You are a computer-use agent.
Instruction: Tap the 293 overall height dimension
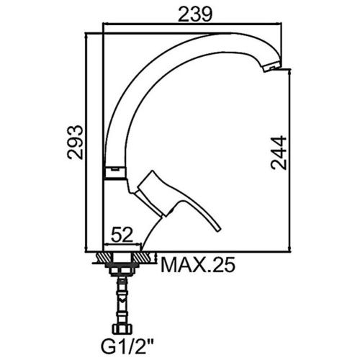tap(75, 142)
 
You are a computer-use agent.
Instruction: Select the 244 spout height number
tap(279, 153)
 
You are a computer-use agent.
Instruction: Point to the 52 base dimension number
tap(122, 235)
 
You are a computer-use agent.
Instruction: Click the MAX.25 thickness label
tap(198, 265)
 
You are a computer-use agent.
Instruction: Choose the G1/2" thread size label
tap(127, 346)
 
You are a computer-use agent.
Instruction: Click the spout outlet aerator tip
tap(272, 67)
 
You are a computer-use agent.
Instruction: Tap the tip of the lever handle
tap(217, 230)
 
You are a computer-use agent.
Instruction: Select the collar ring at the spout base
tap(114, 173)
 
